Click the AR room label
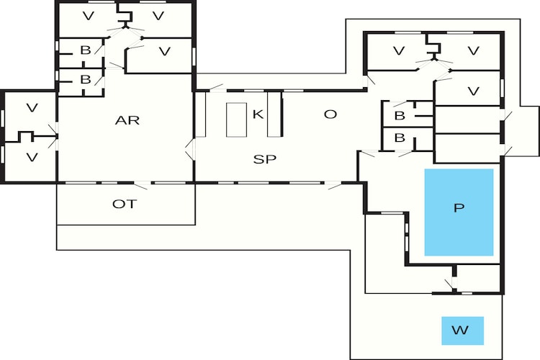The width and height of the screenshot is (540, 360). [x=127, y=120]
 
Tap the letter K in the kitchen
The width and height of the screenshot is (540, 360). [x=258, y=114]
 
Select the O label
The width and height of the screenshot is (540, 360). [x=330, y=114]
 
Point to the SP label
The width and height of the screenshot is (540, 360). [x=265, y=159]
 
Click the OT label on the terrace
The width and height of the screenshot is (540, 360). [x=125, y=204]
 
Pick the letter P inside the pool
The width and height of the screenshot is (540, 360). [x=459, y=209]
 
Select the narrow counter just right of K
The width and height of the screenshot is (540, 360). [x=274, y=114]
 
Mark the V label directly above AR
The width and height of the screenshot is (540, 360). [x=165, y=50]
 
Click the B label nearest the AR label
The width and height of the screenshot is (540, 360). [x=86, y=79]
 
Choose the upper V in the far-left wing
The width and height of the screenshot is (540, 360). [x=32, y=108]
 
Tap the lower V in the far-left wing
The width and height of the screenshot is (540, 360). [x=32, y=156]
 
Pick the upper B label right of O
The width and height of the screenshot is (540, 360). [x=399, y=115]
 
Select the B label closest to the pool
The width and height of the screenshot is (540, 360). [x=399, y=138]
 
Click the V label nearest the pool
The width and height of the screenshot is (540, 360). [x=473, y=91]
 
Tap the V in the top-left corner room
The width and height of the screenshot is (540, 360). [x=89, y=15]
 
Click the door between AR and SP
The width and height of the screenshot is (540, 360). [x=190, y=150]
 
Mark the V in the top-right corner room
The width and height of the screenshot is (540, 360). [x=473, y=50]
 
